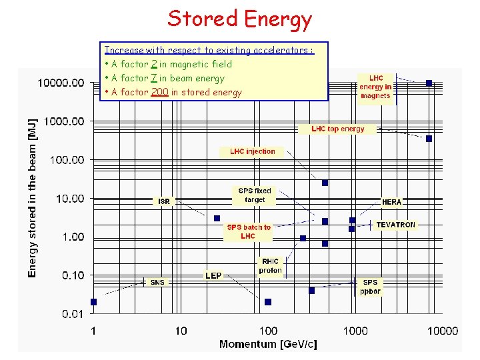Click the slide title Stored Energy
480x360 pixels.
coord(239,19)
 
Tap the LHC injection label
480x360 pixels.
coord(252,151)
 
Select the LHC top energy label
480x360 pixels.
coord(338,129)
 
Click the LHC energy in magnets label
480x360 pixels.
coord(375,87)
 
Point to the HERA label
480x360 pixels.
coord(392,201)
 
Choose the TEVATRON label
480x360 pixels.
coord(395,225)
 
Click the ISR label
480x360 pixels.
coord(164,201)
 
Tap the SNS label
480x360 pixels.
coord(157,282)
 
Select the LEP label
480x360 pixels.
coord(213,275)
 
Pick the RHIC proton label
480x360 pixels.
coord(270,266)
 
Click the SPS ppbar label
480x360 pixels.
coord(370,287)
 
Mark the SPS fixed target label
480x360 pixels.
coord(255,195)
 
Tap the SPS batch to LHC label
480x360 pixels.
coord(249,231)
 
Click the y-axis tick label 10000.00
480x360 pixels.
coord(61,83)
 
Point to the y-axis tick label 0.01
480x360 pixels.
coord(73,313)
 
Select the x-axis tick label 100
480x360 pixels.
coord(268,331)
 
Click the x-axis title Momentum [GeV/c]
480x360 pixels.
coord(268,344)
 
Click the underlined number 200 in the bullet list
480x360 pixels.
coord(159,92)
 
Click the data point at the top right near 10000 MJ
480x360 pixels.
coord(429,83)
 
